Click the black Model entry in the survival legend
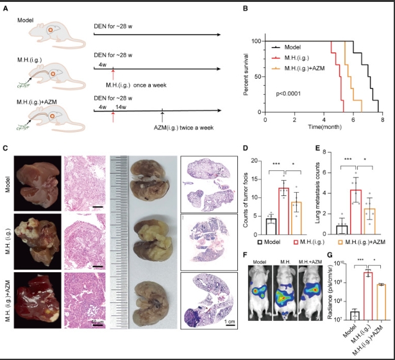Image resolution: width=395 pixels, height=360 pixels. [292, 47]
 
